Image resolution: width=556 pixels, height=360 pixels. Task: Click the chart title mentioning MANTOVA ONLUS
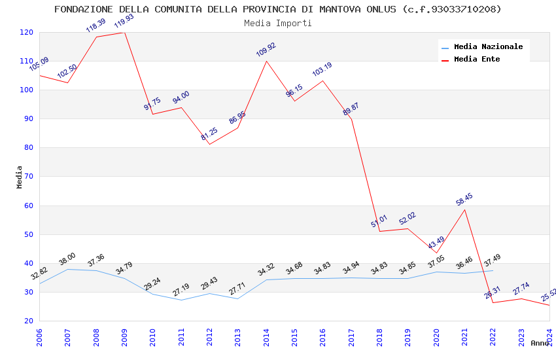point(278,9)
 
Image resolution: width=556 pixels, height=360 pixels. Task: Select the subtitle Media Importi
point(278,23)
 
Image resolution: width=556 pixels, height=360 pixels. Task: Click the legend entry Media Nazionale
point(488,47)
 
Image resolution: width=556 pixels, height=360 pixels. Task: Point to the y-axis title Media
point(20,177)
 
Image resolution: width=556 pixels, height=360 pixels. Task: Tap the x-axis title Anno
point(540,343)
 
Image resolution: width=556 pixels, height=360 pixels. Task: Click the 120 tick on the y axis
point(27,32)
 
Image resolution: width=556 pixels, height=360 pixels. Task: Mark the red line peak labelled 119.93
point(124,32)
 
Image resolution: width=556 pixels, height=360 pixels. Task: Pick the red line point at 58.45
point(464,209)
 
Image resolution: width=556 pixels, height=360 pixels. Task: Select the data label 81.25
point(209,134)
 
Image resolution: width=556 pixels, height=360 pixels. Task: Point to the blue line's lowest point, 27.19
point(181,300)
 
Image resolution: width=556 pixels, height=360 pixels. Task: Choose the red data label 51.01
point(379,221)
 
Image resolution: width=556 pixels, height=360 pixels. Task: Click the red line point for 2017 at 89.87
point(351,118)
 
